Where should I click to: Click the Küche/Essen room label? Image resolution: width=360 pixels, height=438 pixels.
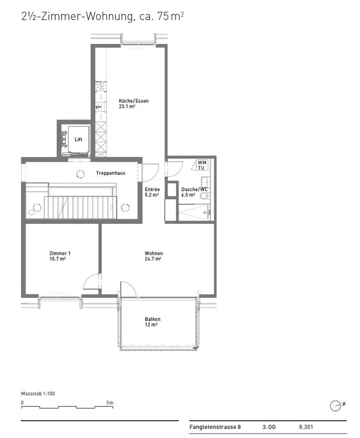pyautogui.click(x=134, y=104)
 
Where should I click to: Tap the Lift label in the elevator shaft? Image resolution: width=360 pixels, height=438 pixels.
pyautogui.click(x=78, y=140)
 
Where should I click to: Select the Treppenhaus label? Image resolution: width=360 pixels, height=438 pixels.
pyautogui.click(x=110, y=173)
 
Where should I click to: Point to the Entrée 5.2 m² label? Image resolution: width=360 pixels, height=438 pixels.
pyautogui.click(x=152, y=192)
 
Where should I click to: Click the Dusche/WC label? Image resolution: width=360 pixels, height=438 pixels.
pyautogui.click(x=194, y=192)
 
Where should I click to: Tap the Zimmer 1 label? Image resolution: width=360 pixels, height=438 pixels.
pyautogui.click(x=60, y=256)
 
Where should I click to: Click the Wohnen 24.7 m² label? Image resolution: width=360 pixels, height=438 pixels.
pyautogui.click(x=154, y=256)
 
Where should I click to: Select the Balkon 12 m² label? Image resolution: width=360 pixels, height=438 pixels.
pyautogui.click(x=152, y=322)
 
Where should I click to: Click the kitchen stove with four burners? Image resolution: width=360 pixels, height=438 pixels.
pyautogui.click(x=100, y=87)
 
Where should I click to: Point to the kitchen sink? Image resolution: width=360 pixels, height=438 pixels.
pyautogui.click(x=100, y=106)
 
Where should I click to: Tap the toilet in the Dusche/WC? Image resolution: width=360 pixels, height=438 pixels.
pyautogui.click(x=205, y=196)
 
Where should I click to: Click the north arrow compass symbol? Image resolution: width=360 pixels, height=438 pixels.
pyautogui.click(x=337, y=406)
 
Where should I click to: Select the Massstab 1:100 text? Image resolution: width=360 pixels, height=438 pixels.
pyautogui.click(x=38, y=394)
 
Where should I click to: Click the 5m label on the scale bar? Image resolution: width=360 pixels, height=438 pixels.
pyautogui.click(x=110, y=403)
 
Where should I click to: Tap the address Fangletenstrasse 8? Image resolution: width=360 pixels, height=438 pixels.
pyautogui.click(x=215, y=427)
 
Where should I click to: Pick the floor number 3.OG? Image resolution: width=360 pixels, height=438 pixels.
pyautogui.click(x=269, y=427)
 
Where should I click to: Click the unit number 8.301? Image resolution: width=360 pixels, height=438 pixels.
pyautogui.click(x=306, y=427)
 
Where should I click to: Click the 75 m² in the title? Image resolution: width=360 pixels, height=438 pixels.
pyautogui.click(x=170, y=16)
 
